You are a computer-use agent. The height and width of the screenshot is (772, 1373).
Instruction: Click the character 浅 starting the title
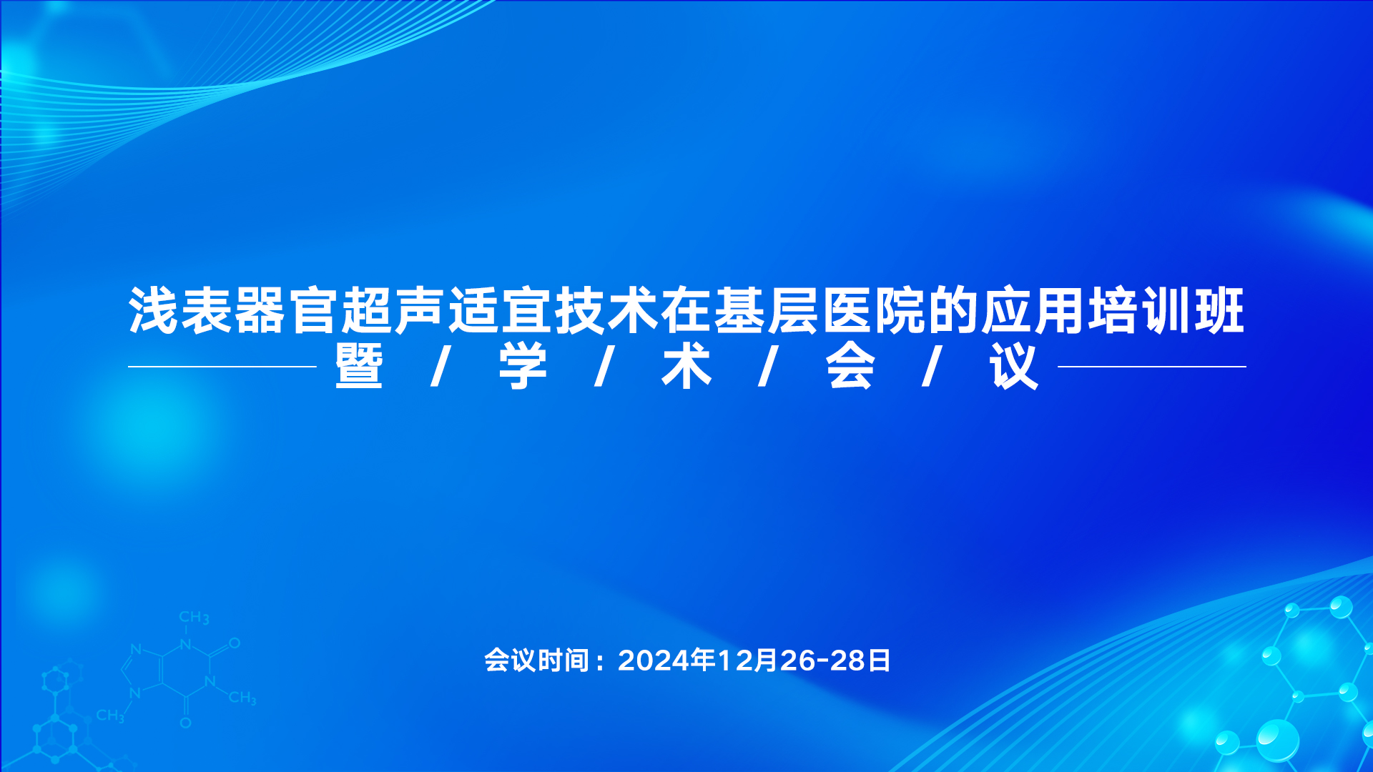tap(154, 311)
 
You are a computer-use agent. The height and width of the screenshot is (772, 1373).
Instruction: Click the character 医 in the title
tap(846, 311)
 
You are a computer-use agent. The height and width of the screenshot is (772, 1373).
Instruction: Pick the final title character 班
tap(1219, 311)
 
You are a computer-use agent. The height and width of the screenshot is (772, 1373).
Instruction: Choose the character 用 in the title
tap(1059, 311)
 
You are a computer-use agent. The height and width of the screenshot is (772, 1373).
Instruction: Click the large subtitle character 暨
tap(359, 367)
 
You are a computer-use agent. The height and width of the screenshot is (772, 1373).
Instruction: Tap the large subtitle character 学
tap(523, 367)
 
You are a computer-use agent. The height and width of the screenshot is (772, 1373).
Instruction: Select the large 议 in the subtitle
tap(1014, 367)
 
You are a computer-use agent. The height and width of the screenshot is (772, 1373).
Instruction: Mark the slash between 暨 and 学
tap(441, 367)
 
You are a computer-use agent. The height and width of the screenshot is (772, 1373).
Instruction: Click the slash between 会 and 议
tap(932, 367)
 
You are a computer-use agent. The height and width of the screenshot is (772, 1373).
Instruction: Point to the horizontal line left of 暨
tap(222, 367)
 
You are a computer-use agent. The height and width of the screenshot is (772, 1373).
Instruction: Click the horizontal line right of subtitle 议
tap(1152, 367)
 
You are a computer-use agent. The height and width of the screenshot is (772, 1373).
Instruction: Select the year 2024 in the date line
tap(654, 660)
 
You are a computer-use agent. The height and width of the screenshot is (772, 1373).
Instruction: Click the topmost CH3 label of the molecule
tap(194, 618)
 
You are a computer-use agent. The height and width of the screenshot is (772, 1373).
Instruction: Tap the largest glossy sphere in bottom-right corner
tap(1277, 740)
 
